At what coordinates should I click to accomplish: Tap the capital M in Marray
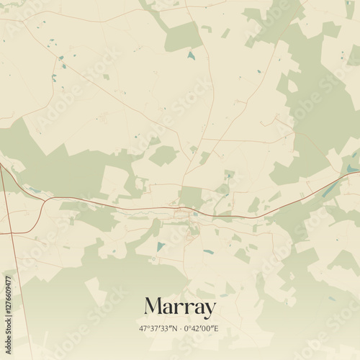tap(153, 306)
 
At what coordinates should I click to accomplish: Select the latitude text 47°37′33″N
tap(159, 328)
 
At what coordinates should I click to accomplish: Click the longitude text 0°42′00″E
tap(201, 328)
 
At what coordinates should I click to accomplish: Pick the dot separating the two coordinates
tap(180, 328)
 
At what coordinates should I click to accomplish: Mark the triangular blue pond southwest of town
tap(161, 246)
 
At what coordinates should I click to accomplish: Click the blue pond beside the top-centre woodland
tap(191, 55)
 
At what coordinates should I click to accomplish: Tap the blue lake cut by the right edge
tap(351, 169)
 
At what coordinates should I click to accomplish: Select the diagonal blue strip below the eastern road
tap(329, 190)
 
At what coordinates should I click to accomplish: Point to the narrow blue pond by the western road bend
tap(34, 190)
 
